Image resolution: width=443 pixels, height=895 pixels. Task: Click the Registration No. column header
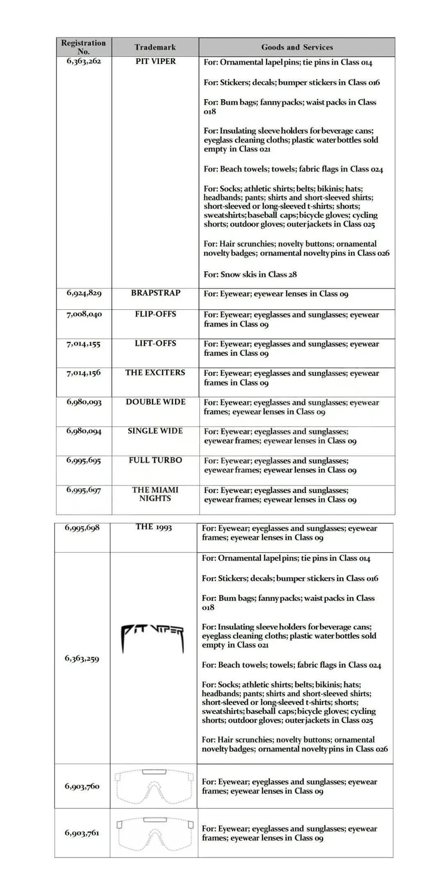pyautogui.click(x=84, y=47)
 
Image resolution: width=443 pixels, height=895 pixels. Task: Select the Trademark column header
pyautogui.click(x=155, y=47)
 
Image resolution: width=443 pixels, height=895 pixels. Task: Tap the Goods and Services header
pyautogui.click(x=297, y=47)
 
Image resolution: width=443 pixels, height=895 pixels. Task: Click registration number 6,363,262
pyautogui.click(x=84, y=61)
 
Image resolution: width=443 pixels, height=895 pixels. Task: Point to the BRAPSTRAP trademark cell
pyautogui.click(x=155, y=293)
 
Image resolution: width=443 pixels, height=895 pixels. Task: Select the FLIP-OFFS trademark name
pyautogui.click(x=155, y=314)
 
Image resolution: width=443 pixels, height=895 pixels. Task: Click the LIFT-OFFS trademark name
pyautogui.click(x=155, y=343)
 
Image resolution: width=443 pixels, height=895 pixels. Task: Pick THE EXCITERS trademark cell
pyautogui.click(x=155, y=373)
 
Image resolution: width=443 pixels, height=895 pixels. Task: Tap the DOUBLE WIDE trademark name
pyautogui.click(x=155, y=402)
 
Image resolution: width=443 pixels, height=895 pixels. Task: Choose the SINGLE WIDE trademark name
pyautogui.click(x=155, y=431)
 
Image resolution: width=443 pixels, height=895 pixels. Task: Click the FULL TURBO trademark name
pyautogui.click(x=155, y=460)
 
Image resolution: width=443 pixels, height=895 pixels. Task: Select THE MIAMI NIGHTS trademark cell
pyautogui.click(x=155, y=494)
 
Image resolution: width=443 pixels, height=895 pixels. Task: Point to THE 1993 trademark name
pyautogui.click(x=154, y=527)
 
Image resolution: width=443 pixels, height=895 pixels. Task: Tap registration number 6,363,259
pyautogui.click(x=82, y=659)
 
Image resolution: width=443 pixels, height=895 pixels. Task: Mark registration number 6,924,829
pyautogui.click(x=84, y=293)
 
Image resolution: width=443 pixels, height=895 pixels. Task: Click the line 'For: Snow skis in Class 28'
pyautogui.click(x=250, y=275)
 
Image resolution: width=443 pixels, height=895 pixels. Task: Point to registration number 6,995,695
pyautogui.click(x=84, y=461)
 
